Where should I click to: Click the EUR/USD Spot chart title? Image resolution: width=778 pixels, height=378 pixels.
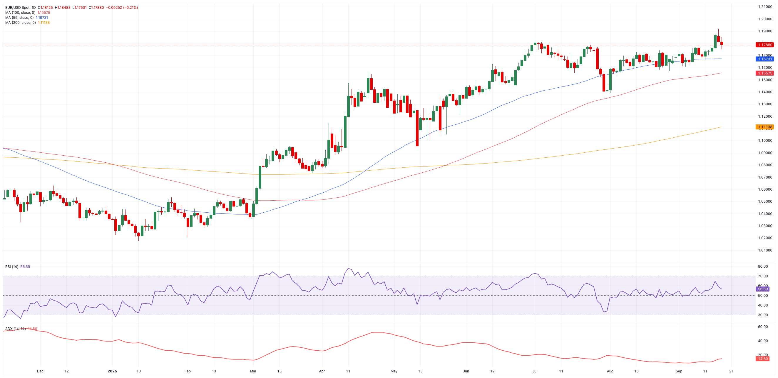click(x=20, y=8)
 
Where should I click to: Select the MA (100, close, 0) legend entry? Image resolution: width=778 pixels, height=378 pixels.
click(x=20, y=13)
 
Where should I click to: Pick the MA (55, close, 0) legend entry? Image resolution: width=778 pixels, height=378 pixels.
click(x=19, y=18)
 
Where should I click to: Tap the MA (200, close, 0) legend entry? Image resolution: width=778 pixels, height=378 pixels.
click(x=20, y=23)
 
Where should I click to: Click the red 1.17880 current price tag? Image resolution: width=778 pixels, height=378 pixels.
click(x=764, y=45)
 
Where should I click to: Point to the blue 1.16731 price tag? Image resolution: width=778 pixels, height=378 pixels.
click(x=764, y=59)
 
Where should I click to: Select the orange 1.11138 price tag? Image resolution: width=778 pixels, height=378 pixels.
click(x=764, y=127)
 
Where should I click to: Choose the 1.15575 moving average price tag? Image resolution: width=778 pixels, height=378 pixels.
click(x=764, y=73)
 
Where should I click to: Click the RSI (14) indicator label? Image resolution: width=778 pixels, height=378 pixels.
click(x=12, y=267)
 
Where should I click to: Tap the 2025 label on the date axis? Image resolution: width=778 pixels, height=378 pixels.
click(x=112, y=371)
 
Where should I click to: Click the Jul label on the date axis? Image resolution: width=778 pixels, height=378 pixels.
click(x=535, y=371)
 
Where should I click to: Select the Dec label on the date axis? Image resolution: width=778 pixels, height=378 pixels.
click(x=40, y=371)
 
